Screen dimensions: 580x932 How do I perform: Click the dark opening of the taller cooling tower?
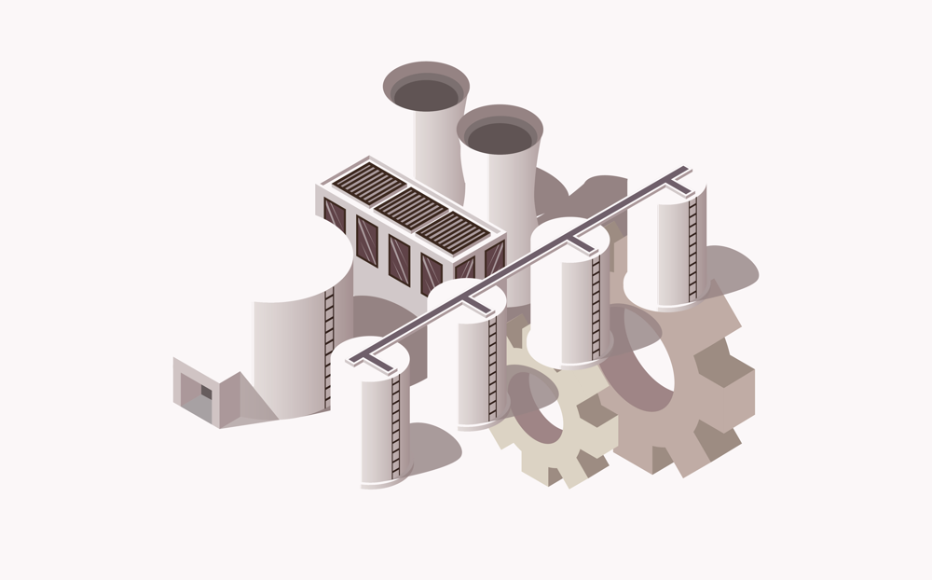[x=426, y=91]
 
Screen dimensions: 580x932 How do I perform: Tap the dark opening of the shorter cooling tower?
[x=500, y=136]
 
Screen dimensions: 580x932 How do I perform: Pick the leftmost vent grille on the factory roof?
[x=368, y=181]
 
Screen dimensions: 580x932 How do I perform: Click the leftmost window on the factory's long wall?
[x=334, y=216]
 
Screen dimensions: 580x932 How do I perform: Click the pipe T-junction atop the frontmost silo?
[x=372, y=355]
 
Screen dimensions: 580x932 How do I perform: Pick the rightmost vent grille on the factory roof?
[x=454, y=232]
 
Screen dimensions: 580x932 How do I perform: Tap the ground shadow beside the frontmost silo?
[x=432, y=448]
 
